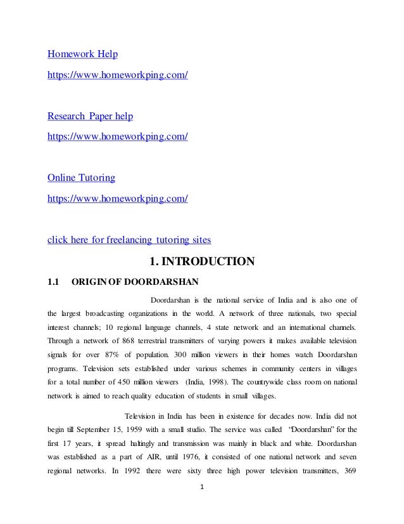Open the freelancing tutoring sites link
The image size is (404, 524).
tap(130, 239)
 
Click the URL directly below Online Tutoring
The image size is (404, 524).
tap(118, 198)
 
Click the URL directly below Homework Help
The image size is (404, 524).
tap(118, 75)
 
